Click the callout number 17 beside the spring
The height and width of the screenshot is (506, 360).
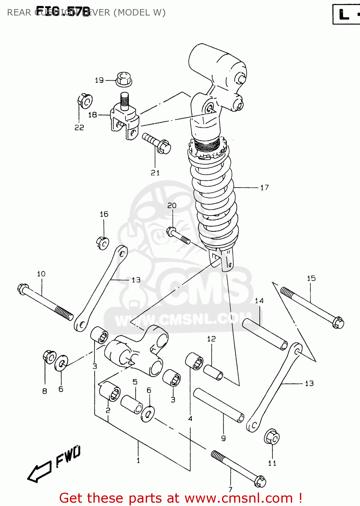265,188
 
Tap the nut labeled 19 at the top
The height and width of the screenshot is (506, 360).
124,79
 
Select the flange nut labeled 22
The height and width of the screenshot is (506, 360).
85,101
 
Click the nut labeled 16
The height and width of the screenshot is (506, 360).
102,243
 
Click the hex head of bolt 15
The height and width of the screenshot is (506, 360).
338,322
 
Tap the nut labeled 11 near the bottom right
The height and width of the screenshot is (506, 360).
272,437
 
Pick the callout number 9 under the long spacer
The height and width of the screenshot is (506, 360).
223,438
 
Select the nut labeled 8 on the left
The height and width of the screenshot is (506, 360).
49,357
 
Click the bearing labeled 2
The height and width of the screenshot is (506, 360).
110,391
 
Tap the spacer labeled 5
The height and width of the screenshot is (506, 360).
132,404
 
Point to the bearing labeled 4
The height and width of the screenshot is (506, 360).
194,361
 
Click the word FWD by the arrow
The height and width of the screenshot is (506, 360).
68,456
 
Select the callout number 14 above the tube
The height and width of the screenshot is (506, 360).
259,301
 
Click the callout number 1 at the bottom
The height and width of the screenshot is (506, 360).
138,460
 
